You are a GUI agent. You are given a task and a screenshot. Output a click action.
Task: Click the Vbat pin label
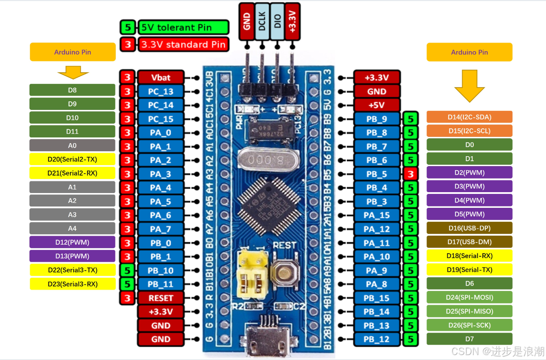tap(161, 77)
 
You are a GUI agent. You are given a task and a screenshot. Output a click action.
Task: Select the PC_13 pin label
tap(161, 91)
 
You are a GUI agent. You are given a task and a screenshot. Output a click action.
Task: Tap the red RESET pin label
tap(161, 298)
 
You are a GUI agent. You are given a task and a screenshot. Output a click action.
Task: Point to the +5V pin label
tap(376, 105)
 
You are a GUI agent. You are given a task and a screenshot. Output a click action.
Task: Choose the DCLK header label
tap(262, 18)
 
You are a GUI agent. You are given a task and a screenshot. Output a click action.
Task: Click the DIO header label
tap(277, 18)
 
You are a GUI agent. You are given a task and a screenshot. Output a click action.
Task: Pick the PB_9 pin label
tap(376, 119)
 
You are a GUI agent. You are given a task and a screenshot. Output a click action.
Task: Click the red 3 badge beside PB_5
tap(411, 174)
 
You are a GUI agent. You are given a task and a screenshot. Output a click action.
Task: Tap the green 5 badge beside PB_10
tap(127, 270)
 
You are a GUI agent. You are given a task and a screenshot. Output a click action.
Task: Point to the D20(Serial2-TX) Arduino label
tap(72, 159)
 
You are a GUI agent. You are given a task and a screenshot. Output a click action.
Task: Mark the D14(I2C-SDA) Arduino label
tap(469, 117)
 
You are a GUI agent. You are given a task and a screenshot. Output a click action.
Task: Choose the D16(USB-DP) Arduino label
tap(469, 228)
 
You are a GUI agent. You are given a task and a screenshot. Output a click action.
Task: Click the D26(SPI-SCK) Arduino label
tap(469, 325)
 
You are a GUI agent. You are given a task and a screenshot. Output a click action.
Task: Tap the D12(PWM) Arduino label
tap(72, 242)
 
